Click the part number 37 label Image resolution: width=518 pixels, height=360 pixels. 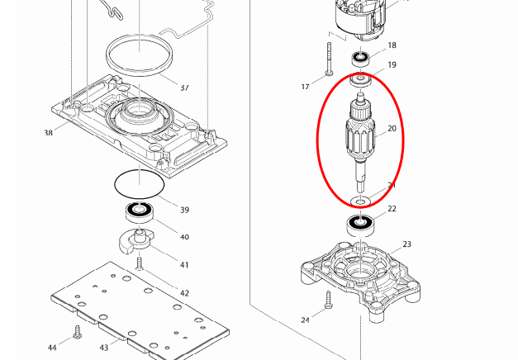184,87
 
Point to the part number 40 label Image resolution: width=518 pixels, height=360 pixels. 184,237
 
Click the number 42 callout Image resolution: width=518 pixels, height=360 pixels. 184,293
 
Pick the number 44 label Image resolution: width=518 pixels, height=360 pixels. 52,348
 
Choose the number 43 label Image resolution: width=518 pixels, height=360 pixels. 104,348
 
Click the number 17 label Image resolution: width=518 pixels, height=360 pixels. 305,86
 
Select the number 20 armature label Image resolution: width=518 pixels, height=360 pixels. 392,129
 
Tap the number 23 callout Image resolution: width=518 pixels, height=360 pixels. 406,244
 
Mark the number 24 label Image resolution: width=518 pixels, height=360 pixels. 305,320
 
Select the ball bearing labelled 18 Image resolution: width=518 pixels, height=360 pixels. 360,58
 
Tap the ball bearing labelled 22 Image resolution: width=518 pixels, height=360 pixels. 358,223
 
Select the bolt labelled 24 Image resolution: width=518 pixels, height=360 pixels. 328,299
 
